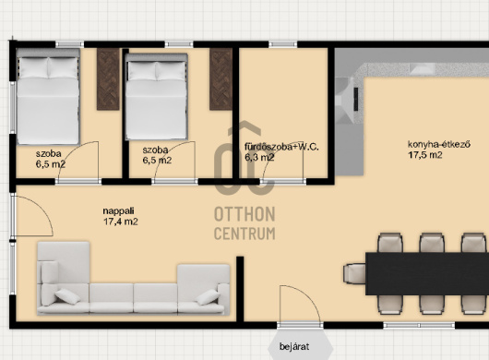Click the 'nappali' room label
coord(118,211)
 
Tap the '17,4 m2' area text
coord(121,222)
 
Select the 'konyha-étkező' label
coord(439,144)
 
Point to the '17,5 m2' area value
coord(425,155)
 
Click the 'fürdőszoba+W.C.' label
coord(281,147)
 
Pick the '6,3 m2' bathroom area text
coord(259,157)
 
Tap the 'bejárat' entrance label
coord(294,346)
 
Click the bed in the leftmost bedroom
coord(48,97)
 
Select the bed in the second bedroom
coord(157,97)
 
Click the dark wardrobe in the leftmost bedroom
coord(108,79)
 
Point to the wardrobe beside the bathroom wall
coord(221,79)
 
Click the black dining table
coord(427,274)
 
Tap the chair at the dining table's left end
coord(354,274)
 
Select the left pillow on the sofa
coord(67,296)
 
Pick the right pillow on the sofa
coord(208,297)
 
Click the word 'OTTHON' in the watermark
coord(244,214)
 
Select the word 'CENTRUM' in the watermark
coord(244,234)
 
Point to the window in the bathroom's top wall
coord(283,44)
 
